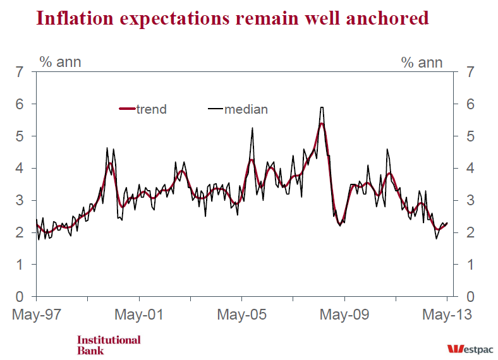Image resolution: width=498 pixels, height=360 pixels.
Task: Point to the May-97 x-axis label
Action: [35, 314]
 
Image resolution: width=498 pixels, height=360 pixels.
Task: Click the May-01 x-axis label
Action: [138, 314]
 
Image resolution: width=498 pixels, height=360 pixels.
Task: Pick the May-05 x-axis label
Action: [241, 314]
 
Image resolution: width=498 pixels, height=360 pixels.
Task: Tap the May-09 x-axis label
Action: [344, 314]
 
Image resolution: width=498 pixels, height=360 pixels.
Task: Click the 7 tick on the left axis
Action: [20, 72]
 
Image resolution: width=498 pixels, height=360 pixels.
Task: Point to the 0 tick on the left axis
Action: [20, 297]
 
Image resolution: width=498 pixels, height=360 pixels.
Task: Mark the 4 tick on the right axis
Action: [469, 169]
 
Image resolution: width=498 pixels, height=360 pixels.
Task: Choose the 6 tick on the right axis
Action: [469, 104]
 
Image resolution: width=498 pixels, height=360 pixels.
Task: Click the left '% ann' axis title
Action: [61, 62]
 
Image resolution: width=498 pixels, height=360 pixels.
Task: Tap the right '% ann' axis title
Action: [422, 62]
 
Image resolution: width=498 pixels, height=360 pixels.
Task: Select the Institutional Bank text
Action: [109, 345]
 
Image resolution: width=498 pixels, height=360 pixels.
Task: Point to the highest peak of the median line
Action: [322, 107]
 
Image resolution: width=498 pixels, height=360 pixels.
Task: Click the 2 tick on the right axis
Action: [469, 232]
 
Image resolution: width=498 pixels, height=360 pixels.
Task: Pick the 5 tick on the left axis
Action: [20, 136]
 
